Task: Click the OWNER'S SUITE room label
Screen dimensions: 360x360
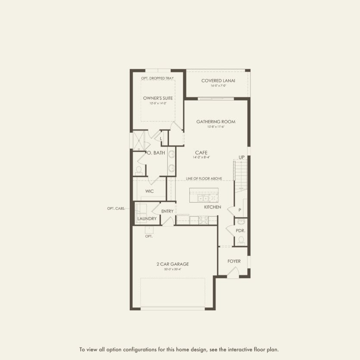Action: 158,98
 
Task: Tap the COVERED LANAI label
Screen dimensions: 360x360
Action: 218,81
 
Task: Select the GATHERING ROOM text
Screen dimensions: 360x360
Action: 216,122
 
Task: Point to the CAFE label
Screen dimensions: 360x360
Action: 201,153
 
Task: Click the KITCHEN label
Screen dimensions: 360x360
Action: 213,207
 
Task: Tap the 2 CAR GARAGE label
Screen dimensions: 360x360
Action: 172,264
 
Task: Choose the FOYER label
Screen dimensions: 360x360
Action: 234,261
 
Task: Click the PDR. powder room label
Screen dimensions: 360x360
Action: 240,231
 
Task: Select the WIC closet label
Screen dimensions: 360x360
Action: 150,191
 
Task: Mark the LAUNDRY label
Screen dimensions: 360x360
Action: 147,219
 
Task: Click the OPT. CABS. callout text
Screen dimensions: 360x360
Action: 116,209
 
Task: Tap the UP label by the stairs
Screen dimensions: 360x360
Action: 242,157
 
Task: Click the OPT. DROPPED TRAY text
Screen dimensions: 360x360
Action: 157,78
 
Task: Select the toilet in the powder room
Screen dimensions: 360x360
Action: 241,240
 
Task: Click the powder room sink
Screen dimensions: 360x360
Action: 241,222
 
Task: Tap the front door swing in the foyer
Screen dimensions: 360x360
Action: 233,272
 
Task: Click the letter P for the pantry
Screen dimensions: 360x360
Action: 240,210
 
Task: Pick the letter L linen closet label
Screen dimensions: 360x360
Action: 161,139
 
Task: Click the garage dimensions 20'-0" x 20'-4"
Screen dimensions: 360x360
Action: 172,269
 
